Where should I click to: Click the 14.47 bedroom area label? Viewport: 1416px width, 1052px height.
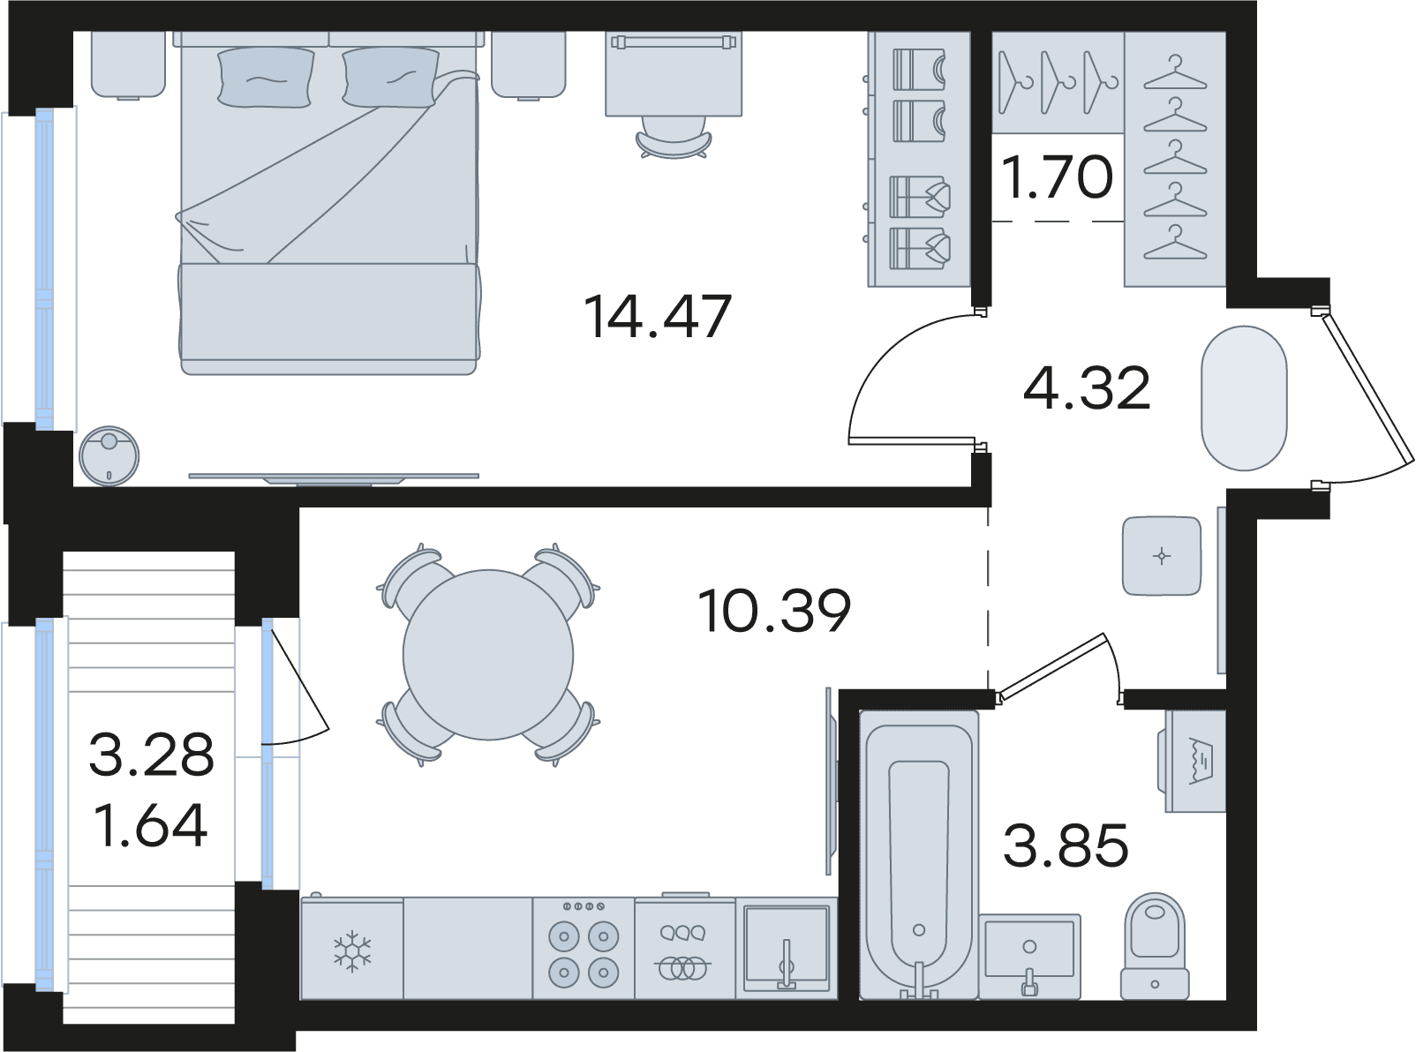point(657,316)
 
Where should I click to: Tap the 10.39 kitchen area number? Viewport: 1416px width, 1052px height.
point(774,611)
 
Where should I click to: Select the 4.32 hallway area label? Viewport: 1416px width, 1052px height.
point(1087,388)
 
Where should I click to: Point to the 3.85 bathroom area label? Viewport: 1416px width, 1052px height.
point(1066,845)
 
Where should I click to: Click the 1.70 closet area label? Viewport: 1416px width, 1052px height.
point(1058,177)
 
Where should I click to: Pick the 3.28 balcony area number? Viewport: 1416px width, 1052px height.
point(151,755)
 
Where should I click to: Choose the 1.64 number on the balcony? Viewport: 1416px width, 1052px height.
point(151,825)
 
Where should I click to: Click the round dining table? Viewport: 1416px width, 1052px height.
point(488,654)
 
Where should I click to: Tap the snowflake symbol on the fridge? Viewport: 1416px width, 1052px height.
point(351,951)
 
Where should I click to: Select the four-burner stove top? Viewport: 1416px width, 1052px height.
point(584,948)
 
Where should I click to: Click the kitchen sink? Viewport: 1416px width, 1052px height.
point(787,949)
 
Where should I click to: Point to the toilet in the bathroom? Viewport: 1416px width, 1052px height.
point(1155,946)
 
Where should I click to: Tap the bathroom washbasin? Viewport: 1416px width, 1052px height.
point(1029,957)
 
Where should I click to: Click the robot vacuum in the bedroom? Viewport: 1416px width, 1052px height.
point(109,455)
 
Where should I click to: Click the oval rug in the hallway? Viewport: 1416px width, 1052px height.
point(1244,398)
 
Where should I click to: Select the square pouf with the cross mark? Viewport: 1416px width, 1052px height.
point(1162,556)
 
